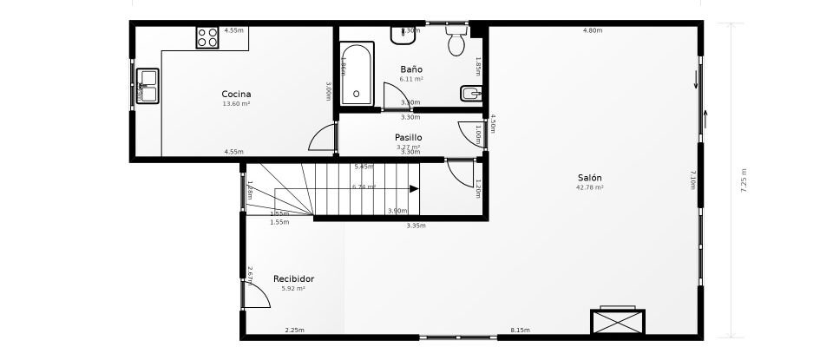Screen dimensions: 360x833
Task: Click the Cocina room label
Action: [x=236, y=94]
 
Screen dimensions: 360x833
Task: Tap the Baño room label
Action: [x=411, y=69]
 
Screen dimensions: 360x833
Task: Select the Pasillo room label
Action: [x=408, y=137]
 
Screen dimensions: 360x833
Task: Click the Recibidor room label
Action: [x=293, y=278]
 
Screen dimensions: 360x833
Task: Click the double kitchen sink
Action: [x=147, y=86]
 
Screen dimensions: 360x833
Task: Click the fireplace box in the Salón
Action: [x=617, y=321]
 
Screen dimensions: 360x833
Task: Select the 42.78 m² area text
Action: [x=590, y=187]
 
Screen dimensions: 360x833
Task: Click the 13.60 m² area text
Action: [x=236, y=103]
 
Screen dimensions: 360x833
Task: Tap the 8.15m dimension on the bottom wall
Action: [x=521, y=330]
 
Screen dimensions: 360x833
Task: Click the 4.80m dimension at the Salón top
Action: [x=593, y=30]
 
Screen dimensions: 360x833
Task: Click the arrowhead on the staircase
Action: [x=414, y=187]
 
